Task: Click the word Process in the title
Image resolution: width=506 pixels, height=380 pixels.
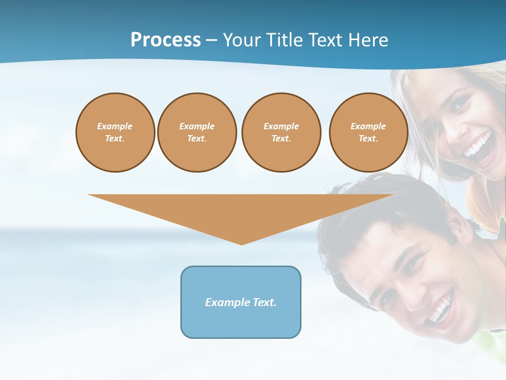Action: pyautogui.click(x=166, y=40)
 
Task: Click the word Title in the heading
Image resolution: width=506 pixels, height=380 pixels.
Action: pyautogui.click(x=284, y=40)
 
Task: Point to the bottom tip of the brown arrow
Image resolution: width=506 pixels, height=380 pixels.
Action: pyautogui.click(x=241, y=244)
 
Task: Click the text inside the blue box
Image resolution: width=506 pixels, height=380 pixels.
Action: pyautogui.click(x=241, y=302)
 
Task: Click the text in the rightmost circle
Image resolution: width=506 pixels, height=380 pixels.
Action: pyautogui.click(x=368, y=132)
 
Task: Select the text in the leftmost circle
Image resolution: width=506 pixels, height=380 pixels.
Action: pyautogui.click(x=115, y=132)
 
